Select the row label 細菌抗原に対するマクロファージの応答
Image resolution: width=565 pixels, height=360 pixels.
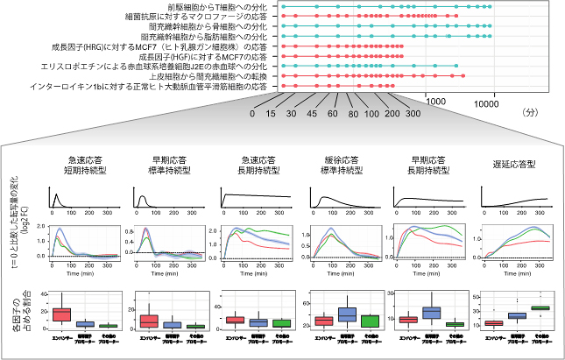click(199, 17)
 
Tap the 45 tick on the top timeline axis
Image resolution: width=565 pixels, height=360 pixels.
click(313, 113)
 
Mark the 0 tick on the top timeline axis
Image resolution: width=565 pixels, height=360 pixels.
click(252, 113)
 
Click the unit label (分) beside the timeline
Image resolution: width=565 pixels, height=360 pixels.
click(529, 113)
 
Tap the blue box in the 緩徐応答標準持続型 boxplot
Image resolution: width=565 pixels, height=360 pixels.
click(348, 314)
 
